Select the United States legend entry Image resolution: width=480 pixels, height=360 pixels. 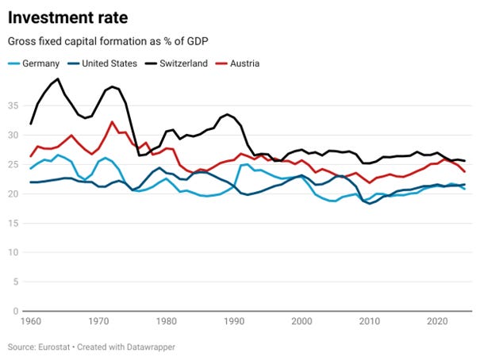click(x=113, y=63)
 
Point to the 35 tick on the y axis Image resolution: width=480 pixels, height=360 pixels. click(x=13, y=104)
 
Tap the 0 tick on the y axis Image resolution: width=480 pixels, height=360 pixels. click(x=17, y=312)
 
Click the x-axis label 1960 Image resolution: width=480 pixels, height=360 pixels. click(x=32, y=321)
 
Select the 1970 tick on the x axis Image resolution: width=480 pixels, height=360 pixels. click(x=99, y=321)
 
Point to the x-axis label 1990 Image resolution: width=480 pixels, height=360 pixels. click(x=234, y=321)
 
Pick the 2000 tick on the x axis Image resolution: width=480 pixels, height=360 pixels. click(x=301, y=321)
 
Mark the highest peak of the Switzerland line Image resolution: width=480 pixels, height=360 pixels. click(x=58, y=79)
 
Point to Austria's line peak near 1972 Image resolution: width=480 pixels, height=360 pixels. click(x=112, y=121)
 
